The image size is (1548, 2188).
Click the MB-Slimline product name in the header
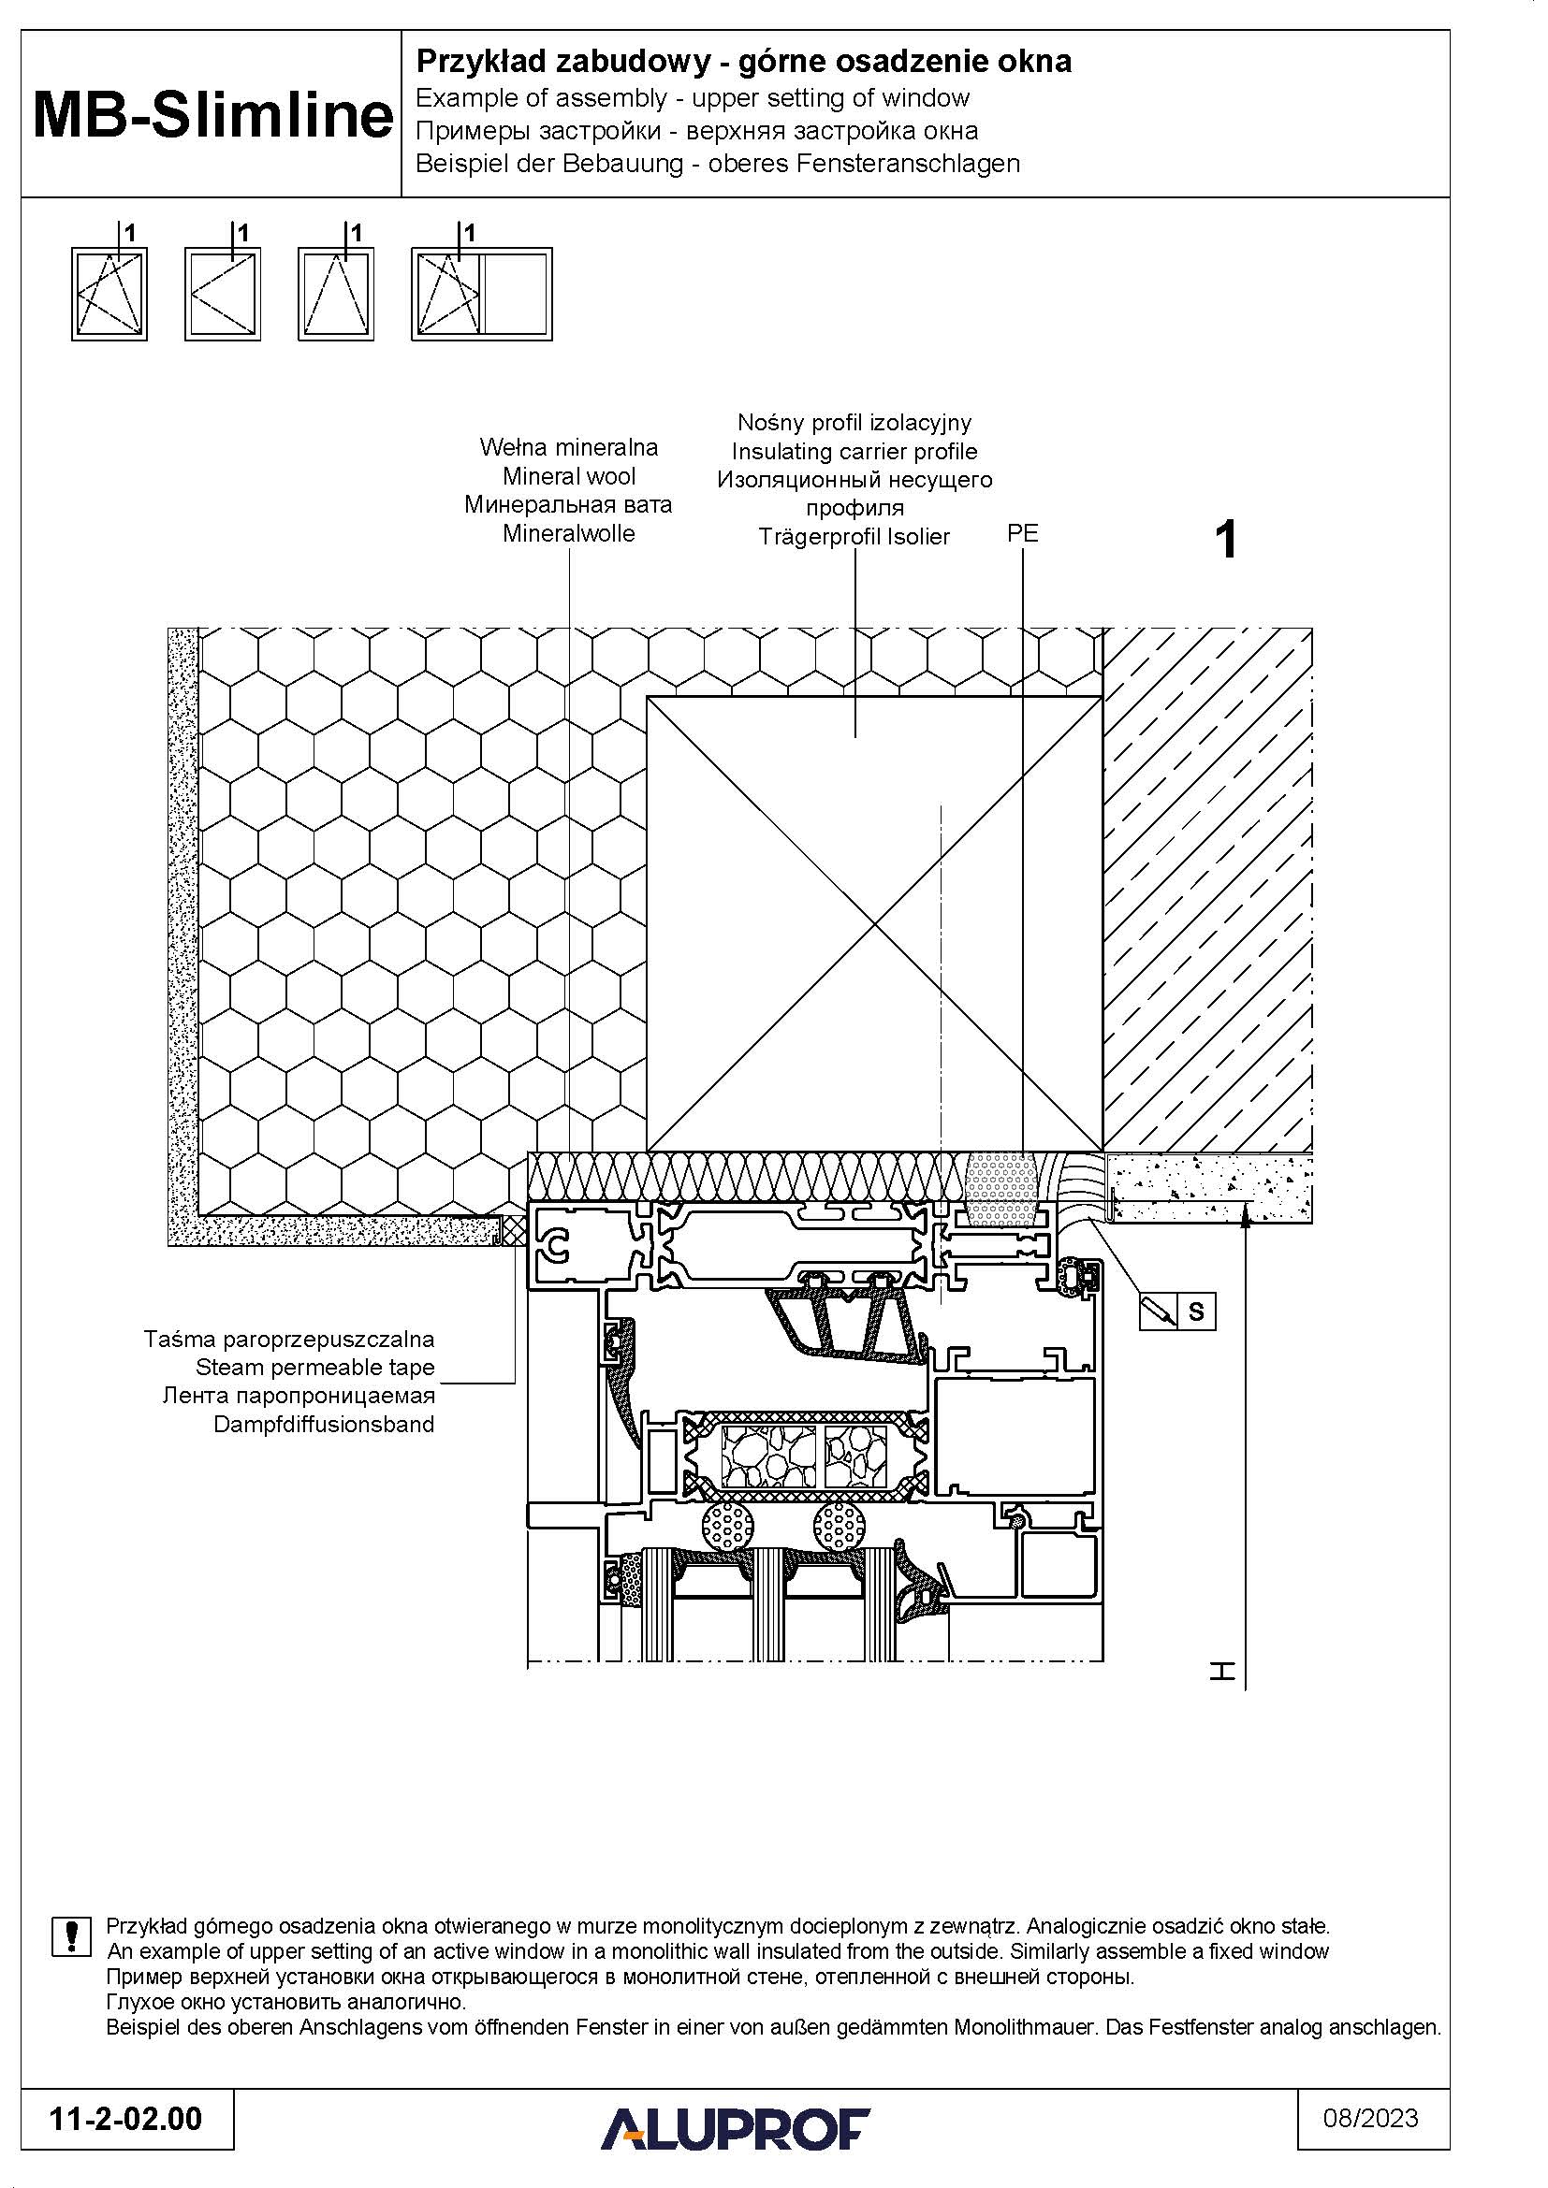(212, 116)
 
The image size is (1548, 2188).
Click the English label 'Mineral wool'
(569, 476)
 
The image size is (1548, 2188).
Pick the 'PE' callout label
(1022, 533)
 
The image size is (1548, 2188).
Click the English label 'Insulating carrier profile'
(854, 452)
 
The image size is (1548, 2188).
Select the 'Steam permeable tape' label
(314, 1368)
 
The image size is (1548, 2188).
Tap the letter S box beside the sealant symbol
(1196, 1312)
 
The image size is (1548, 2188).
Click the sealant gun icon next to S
(1159, 1312)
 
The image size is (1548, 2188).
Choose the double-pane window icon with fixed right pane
(481, 294)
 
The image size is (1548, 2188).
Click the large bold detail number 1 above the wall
(1227, 541)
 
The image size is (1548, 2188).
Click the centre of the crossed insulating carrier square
(875, 923)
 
